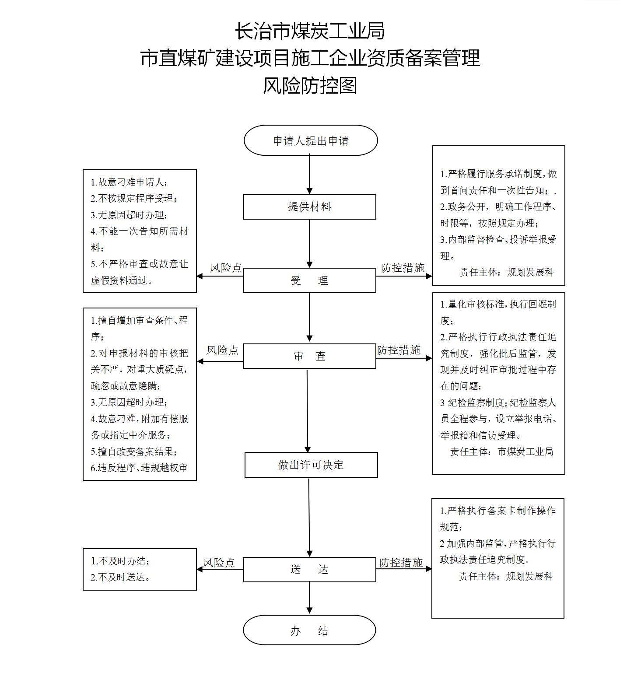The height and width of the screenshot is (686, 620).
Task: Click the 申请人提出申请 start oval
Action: pyautogui.click(x=310, y=140)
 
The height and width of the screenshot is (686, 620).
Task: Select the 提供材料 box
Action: pyautogui.click(x=309, y=207)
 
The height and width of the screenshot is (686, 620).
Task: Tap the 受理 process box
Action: pyautogui.click(x=309, y=280)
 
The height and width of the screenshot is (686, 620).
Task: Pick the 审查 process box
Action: pyautogui.click(x=309, y=356)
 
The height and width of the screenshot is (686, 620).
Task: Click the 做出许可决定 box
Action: pyautogui.click(x=311, y=465)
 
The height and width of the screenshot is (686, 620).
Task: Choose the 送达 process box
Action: pyautogui.click(x=309, y=570)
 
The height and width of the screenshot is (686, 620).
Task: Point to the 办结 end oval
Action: pyautogui.click(x=309, y=630)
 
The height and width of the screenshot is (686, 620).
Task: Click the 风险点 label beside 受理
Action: pyautogui.click(x=226, y=268)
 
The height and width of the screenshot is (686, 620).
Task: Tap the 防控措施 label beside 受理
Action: pyautogui.click(x=403, y=268)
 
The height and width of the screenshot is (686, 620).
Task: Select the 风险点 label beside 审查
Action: pyautogui.click(x=222, y=350)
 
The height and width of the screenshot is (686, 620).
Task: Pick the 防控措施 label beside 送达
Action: pyautogui.click(x=401, y=563)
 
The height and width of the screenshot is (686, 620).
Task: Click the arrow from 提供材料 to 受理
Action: pyautogui.click(x=309, y=244)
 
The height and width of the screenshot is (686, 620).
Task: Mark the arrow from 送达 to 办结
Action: pyautogui.click(x=309, y=598)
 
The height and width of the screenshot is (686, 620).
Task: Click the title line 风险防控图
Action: pyautogui.click(x=310, y=85)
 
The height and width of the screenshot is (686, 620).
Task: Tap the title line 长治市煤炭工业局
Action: pyautogui.click(x=310, y=31)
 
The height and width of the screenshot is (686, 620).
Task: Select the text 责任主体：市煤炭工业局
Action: pyautogui.click(x=502, y=451)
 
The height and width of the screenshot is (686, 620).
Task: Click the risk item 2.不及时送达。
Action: pyautogui.click(x=121, y=577)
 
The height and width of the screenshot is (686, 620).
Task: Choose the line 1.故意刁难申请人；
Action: pyautogui.click(x=129, y=182)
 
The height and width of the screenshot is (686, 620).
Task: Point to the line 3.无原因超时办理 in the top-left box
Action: pyautogui.click(x=129, y=215)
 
